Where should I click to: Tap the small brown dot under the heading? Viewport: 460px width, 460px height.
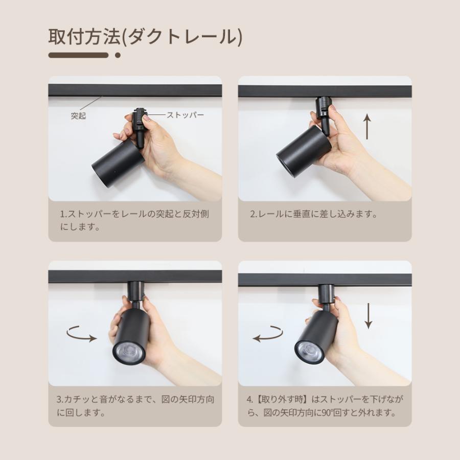118,55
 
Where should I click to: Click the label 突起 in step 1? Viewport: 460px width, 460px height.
78,116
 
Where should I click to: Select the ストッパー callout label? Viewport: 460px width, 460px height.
185,115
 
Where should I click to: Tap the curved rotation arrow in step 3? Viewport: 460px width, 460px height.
82,335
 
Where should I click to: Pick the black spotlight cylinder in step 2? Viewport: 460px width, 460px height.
304,151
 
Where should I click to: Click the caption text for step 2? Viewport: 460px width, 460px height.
314,214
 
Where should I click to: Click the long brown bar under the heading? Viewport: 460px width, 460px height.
78,55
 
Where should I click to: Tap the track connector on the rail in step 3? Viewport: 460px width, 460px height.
135,290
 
